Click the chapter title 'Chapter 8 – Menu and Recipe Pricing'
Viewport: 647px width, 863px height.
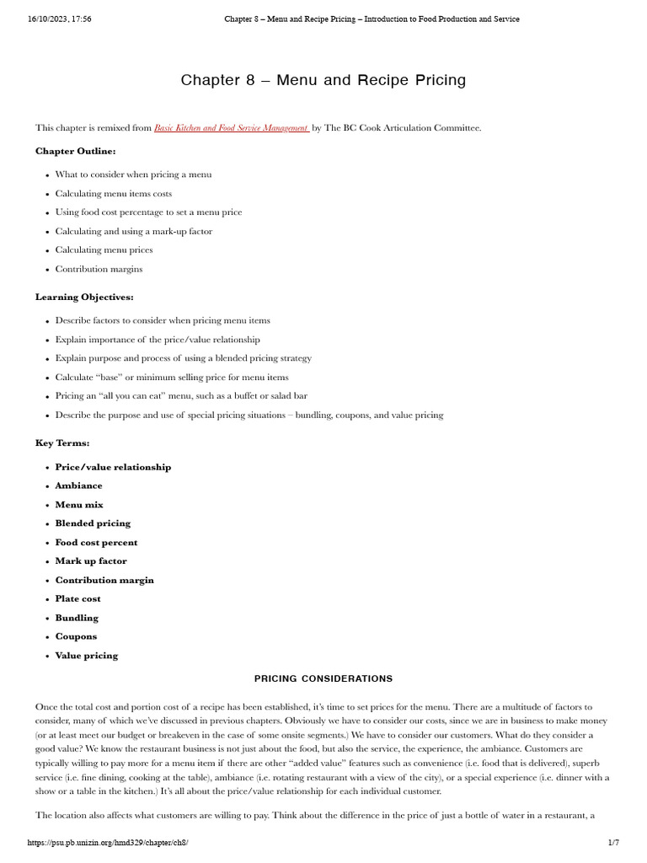click(x=323, y=81)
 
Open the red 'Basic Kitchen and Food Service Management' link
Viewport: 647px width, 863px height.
click(x=232, y=128)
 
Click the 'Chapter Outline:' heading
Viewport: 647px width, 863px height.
click(x=76, y=151)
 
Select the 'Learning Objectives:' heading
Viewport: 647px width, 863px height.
click(x=84, y=297)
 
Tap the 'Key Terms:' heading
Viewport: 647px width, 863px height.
click(x=62, y=442)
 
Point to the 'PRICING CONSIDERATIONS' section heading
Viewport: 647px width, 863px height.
click(x=323, y=678)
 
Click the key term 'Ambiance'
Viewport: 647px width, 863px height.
click(x=78, y=485)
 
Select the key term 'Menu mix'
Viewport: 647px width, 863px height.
click(x=79, y=505)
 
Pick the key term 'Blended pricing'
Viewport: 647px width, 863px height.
click(x=93, y=523)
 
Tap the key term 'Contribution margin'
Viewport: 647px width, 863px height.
click(x=104, y=580)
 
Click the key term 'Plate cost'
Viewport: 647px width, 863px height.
click(x=78, y=598)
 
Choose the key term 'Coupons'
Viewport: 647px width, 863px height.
click(x=76, y=636)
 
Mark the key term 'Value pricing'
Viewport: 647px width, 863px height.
click(x=86, y=656)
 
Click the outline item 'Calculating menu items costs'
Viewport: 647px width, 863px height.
click(x=114, y=194)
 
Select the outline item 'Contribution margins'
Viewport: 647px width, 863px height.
click(x=99, y=269)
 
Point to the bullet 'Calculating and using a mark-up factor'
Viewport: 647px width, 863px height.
click(x=134, y=231)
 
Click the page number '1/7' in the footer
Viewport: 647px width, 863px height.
click(x=613, y=843)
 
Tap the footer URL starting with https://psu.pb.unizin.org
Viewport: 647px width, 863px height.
click(x=107, y=843)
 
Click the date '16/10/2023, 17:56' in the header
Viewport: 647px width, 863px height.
click(x=59, y=19)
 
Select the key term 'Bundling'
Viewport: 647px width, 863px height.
click(x=77, y=618)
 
